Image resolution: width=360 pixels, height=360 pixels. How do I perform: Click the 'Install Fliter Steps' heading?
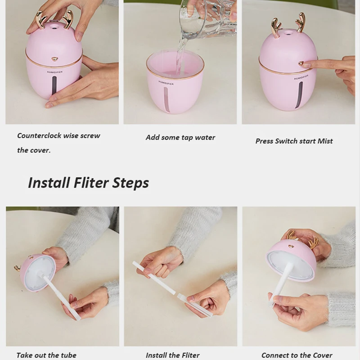88,183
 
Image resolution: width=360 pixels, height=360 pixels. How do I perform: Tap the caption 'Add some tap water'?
180,137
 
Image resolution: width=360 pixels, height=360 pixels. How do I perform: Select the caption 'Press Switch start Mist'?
294,141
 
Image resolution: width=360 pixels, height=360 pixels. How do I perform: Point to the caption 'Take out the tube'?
46,355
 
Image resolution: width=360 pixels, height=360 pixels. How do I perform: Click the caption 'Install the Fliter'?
172,355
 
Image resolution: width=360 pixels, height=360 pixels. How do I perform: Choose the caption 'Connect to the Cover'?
297,355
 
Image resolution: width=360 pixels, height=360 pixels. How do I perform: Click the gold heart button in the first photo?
54,59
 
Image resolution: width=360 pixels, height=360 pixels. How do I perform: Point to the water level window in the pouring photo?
166,99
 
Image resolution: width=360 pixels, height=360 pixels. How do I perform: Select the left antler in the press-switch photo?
275,27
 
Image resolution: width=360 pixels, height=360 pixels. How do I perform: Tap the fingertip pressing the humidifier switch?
303,64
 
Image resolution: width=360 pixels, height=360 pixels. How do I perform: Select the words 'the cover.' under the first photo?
34,150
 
